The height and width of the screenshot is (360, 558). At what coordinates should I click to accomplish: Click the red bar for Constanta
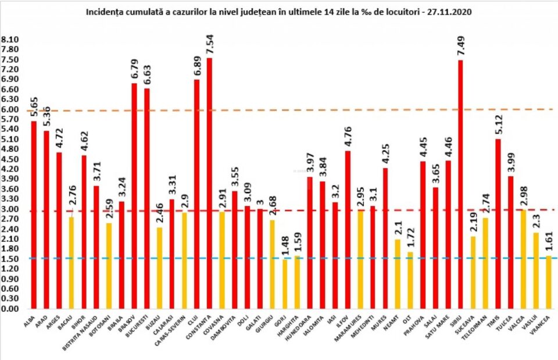[x=209, y=183]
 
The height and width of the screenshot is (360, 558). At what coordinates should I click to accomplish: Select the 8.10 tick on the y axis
[x=11, y=40]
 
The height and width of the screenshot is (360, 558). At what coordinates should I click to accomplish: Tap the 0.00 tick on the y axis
[x=11, y=309]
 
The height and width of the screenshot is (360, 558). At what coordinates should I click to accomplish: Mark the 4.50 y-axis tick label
[x=11, y=159]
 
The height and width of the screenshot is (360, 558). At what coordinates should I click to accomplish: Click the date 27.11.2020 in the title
[x=448, y=11]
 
